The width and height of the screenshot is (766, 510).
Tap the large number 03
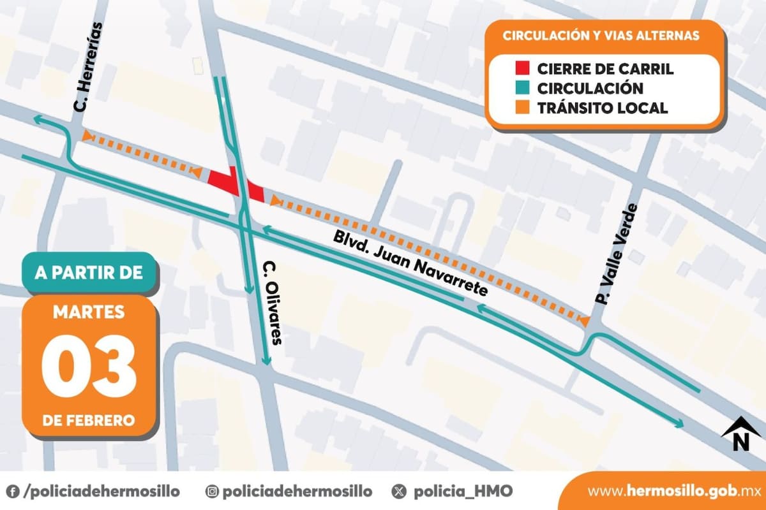pyautogui.click(x=89, y=365)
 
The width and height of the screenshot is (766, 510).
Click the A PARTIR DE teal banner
pyautogui.click(x=89, y=273)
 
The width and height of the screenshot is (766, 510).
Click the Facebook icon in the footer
pyautogui.click(x=13, y=492)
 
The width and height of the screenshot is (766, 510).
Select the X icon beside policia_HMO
pyautogui.click(x=400, y=492)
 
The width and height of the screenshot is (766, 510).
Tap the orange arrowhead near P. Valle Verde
pyautogui.click(x=583, y=321)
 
